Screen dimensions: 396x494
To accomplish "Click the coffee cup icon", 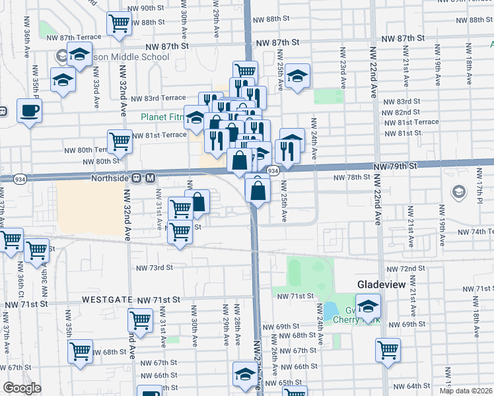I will click(29, 110).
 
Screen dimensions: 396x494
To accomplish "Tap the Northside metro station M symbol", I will click(150, 178).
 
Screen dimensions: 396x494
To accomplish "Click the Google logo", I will click(22, 389).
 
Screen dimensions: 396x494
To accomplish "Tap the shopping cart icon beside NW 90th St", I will click(120, 23).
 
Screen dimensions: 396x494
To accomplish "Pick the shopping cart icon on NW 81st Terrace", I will click(120, 141).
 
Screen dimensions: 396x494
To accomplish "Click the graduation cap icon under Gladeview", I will click(369, 306).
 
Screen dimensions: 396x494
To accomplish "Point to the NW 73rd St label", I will click(154, 268).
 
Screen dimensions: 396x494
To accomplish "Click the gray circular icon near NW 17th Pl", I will click(457, 192).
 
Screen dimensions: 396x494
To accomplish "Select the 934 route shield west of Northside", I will click(20, 179).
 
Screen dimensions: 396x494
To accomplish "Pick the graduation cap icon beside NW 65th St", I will click(244, 374).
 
